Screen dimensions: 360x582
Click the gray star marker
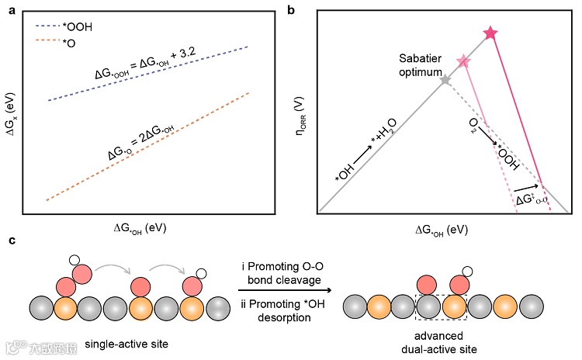pyautogui.click(x=445, y=80)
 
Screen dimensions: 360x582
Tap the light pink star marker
pyautogui.click(x=463, y=61)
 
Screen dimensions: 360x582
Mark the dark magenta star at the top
pyautogui.click(x=490, y=33)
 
